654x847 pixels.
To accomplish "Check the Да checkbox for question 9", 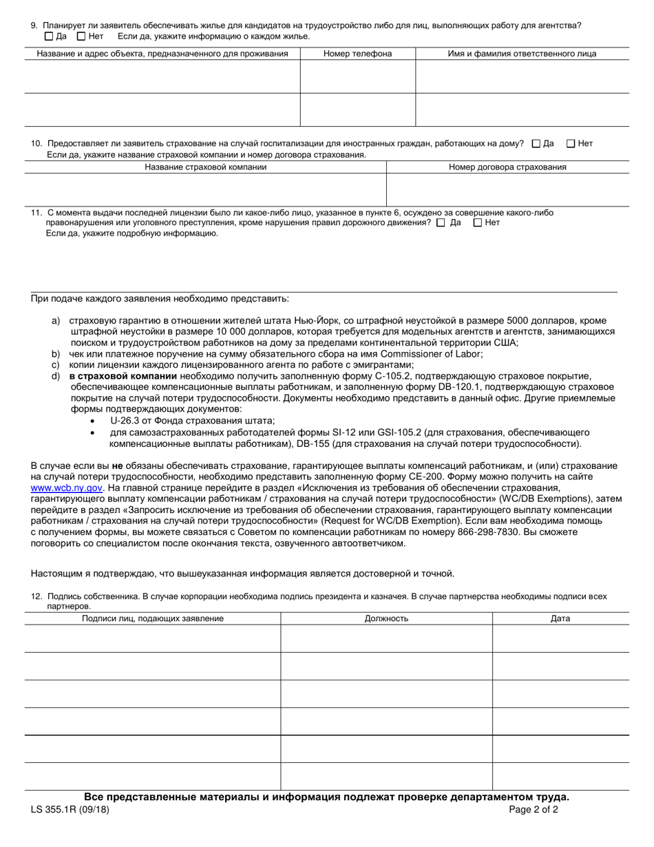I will tap(48, 36).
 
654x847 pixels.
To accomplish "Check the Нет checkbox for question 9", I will tap(81, 36).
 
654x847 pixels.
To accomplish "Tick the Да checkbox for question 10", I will tap(537, 144).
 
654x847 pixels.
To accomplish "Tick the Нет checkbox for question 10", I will tap(571, 144).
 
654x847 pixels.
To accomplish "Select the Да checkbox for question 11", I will tap(441, 222).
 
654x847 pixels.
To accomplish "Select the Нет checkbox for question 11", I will tap(477, 222).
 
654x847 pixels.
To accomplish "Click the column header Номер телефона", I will tap(357, 54).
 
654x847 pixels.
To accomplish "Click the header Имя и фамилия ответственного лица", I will tap(522, 54).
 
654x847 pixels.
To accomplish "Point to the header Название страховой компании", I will tap(205, 167).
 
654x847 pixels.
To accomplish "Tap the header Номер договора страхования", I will tap(507, 167).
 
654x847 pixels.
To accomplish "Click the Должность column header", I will tap(386, 618).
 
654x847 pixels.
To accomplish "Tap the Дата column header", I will tap(560, 618).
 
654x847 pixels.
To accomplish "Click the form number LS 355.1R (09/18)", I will tap(70, 810).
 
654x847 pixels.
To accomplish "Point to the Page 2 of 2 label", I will tap(534, 810).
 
